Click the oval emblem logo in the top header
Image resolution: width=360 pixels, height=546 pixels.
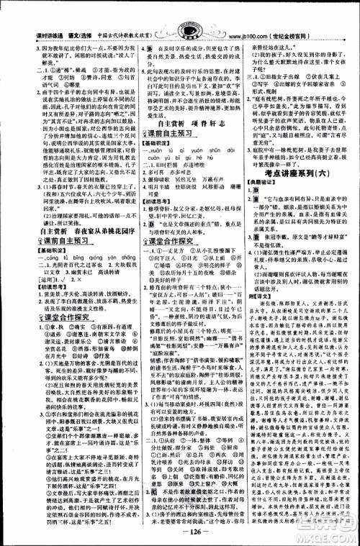point(179,12)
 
